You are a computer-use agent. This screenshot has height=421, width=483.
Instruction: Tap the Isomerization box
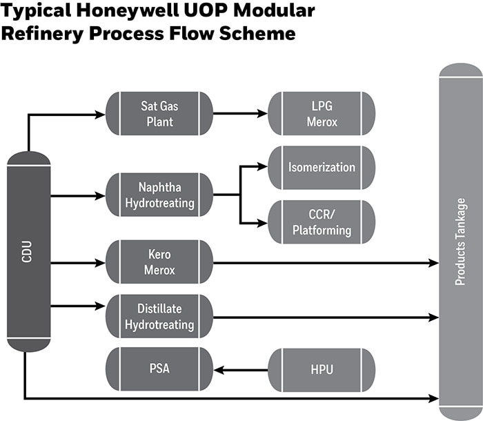[x=321, y=167]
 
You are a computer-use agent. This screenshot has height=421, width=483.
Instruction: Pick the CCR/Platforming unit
[x=321, y=222]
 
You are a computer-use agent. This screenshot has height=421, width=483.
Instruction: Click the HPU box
[x=321, y=369]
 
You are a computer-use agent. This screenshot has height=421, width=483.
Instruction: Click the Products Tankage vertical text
[x=460, y=242]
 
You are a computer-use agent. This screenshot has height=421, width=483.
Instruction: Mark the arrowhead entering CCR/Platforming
[x=262, y=222]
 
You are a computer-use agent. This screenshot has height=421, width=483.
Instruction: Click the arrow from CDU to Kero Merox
[x=77, y=262]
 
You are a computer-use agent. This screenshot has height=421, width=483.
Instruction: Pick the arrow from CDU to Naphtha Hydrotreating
[x=77, y=196]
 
